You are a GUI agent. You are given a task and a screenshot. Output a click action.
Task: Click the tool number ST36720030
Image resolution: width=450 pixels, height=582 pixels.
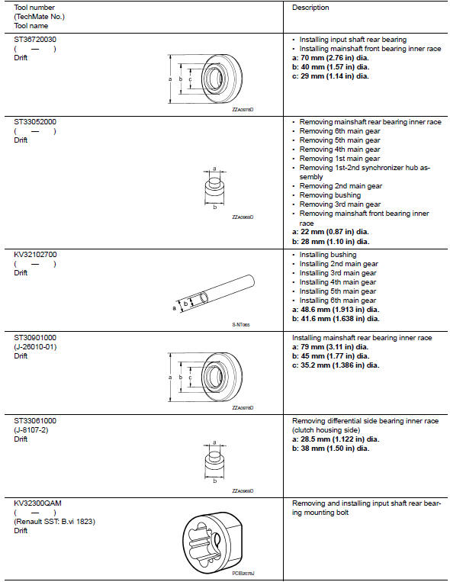coord(35,38)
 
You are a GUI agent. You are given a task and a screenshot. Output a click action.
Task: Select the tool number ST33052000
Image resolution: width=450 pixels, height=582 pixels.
coord(35,121)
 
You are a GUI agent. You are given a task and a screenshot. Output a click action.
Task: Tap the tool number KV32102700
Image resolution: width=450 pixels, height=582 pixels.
coord(35,255)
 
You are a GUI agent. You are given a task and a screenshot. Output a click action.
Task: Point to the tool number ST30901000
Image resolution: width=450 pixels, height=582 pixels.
coord(35,337)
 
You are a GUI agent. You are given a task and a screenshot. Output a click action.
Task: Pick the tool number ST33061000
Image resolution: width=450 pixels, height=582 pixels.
coord(35,420)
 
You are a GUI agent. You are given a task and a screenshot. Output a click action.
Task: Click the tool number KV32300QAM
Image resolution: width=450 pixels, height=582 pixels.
coord(36,503)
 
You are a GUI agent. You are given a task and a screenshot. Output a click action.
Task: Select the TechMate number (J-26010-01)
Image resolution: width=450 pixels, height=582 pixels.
coord(35,346)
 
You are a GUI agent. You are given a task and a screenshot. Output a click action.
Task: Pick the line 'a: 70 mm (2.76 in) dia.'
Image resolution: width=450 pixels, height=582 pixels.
coord(330,58)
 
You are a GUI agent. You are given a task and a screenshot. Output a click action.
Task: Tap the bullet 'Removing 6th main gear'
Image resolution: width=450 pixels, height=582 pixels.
coord(339,130)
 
